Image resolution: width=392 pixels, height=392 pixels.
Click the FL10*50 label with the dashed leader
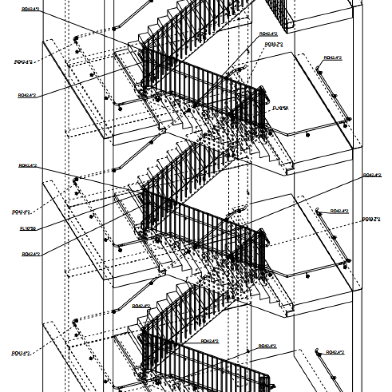[x=280, y=108]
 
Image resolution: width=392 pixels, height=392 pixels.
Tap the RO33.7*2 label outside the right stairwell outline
[x=371, y=219]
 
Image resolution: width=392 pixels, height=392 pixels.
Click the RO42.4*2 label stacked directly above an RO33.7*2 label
[x=268, y=34]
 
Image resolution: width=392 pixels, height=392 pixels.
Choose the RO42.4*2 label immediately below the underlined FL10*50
[x=30, y=254]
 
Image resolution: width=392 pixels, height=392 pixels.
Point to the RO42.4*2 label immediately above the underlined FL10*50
[x=22, y=212]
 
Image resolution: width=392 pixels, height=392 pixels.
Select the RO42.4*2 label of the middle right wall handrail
[x=339, y=211]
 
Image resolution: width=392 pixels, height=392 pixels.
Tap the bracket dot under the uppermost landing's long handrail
[x=308, y=134]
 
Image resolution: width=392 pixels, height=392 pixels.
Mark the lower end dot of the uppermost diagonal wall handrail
[x=114, y=27]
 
